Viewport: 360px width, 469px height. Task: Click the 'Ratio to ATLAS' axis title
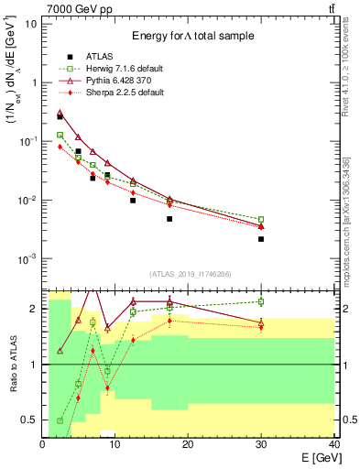coord(13,364)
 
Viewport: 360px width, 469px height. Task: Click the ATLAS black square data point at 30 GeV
coord(261,239)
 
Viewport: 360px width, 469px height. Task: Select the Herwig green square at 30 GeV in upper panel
coord(261,220)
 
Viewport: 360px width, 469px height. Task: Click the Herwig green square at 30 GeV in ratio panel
coord(261,301)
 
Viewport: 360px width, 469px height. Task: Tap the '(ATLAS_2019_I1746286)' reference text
coord(190,274)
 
